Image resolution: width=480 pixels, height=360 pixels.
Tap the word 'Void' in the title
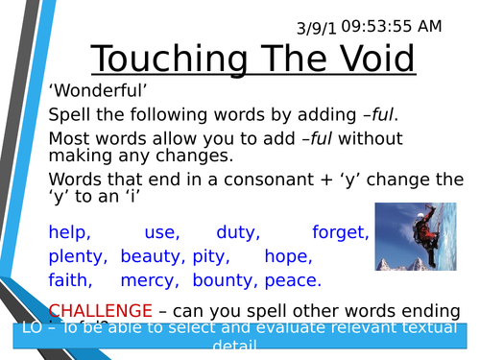click(x=371, y=60)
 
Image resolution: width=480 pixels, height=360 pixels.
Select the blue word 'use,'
click(x=161, y=232)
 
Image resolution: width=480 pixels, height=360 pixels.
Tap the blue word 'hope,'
click(x=287, y=256)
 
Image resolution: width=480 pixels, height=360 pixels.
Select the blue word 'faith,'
click(x=71, y=280)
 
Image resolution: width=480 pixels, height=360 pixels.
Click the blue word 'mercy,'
click(x=149, y=280)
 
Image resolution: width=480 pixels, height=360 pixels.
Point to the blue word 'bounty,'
click(x=224, y=280)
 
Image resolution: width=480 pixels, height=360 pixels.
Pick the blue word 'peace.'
click(x=291, y=280)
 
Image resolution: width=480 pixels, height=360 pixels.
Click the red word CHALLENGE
click(x=100, y=310)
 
